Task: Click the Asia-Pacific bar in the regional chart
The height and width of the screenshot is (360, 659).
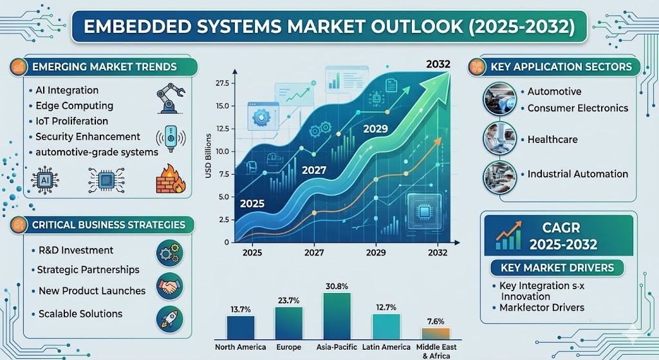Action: click(x=337, y=316)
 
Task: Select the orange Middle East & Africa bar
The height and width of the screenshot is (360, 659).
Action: click(x=436, y=334)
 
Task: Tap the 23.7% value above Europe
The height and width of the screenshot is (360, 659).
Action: click(x=289, y=301)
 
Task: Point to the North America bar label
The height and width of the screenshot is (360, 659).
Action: click(x=241, y=347)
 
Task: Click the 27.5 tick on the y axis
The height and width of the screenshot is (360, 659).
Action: click(x=222, y=83)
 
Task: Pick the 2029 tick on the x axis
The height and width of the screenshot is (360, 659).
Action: click(x=376, y=252)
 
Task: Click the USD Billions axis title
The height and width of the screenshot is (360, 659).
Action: click(x=209, y=156)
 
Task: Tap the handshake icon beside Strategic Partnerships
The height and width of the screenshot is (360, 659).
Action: click(x=169, y=287)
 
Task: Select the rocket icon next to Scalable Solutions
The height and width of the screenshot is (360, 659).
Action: click(x=169, y=319)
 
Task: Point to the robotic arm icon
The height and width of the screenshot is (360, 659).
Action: click(x=170, y=98)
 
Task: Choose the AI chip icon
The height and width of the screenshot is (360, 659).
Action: click(x=44, y=180)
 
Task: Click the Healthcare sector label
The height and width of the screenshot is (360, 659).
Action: click(x=552, y=140)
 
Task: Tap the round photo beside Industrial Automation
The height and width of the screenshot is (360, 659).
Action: click(x=499, y=177)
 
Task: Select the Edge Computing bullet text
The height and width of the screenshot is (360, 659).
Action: click(x=75, y=106)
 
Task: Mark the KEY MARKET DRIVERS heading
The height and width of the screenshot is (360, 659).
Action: click(x=557, y=267)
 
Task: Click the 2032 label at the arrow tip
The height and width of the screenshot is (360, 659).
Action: click(x=438, y=64)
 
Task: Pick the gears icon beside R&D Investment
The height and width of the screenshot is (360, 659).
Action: click(x=169, y=253)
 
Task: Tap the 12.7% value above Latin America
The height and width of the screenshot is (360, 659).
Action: click(x=386, y=307)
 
